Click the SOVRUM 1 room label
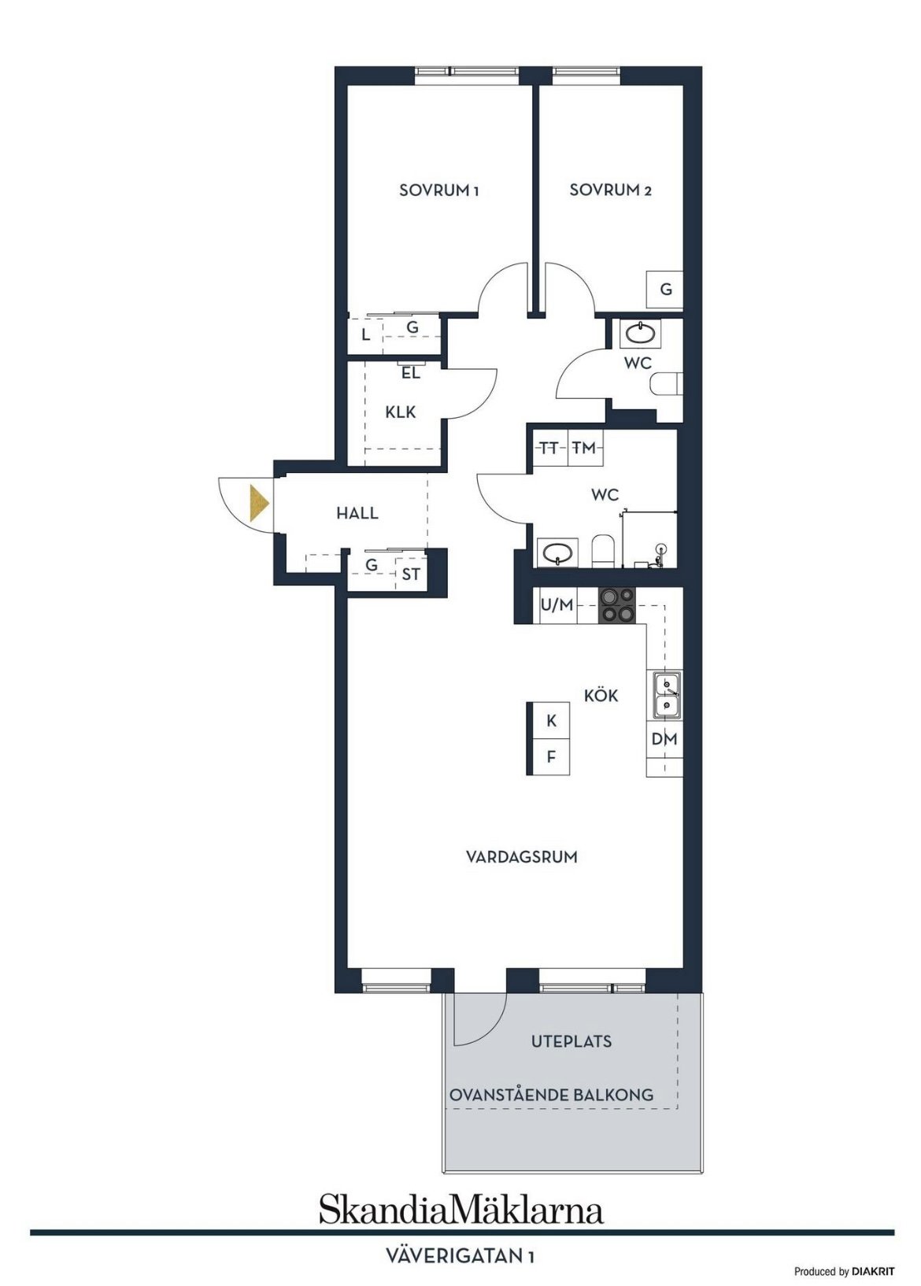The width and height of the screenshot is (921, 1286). [x=438, y=190]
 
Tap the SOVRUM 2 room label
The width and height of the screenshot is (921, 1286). [x=610, y=190]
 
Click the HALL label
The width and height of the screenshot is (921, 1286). [x=357, y=513]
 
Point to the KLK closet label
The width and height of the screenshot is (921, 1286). [x=400, y=412]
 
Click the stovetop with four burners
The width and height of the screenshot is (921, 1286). [x=617, y=606]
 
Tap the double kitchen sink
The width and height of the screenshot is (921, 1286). [x=665, y=695]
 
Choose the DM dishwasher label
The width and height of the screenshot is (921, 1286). [x=664, y=740]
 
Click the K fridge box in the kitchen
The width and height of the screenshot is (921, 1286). [x=551, y=720]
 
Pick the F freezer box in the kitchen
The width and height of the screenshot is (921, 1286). [x=551, y=756]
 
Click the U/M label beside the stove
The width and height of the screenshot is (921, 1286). [x=557, y=604]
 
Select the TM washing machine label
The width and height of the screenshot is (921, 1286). [x=585, y=448]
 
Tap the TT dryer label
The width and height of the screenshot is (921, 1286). [x=549, y=449]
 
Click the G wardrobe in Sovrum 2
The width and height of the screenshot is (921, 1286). [x=665, y=290]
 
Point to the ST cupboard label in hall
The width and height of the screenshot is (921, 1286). [x=411, y=574]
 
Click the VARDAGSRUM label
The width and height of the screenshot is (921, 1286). [x=521, y=857]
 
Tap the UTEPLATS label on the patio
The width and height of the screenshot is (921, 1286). [x=571, y=1041]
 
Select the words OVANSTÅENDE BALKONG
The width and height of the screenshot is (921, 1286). [x=551, y=1095]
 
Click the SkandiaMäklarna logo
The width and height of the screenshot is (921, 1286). [x=461, y=1193]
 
